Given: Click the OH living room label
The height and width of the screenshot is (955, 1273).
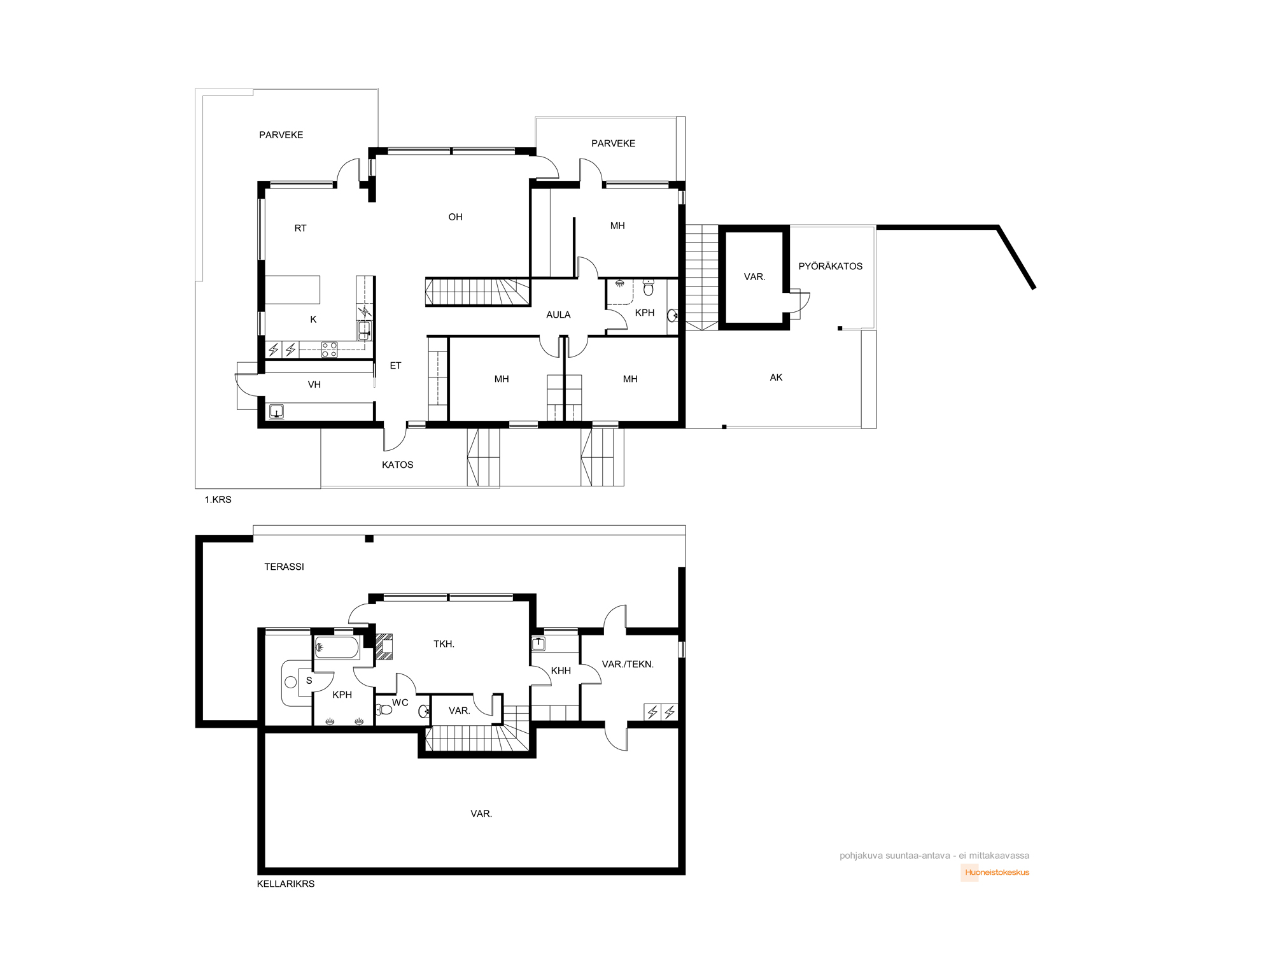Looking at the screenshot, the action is click(x=455, y=217).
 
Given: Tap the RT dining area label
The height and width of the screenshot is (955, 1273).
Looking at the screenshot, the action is click(x=300, y=228).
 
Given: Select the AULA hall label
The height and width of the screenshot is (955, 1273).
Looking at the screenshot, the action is click(x=558, y=315).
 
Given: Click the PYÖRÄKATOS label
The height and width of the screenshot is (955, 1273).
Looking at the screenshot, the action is click(x=831, y=266).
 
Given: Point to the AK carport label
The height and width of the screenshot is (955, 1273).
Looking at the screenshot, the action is click(x=776, y=378).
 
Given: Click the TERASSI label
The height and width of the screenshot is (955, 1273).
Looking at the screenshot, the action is click(x=284, y=567).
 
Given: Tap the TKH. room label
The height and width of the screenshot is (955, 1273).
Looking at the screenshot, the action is click(x=444, y=644).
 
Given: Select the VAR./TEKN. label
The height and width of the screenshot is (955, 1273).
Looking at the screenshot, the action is click(x=628, y=664).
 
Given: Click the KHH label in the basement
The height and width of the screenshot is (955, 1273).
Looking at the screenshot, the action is click(x=561, y=670).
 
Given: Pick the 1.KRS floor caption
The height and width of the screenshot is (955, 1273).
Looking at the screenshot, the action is click(x=218, y=500).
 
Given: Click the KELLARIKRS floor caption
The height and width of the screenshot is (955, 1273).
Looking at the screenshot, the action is click(x=286, y=884).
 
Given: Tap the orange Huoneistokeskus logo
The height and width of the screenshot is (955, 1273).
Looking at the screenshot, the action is click(x=995, y=872).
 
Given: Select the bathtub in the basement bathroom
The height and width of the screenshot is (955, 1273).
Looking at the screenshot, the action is click(x=337, y=648).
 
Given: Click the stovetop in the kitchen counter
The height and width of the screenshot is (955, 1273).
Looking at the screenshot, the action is click(x=329, y=350).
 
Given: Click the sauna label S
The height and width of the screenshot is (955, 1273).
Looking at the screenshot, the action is click(x=309, y=681).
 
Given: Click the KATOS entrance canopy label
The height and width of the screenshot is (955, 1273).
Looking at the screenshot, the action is click(x=398, y=465).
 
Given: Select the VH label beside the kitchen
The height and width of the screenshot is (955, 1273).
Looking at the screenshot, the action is click(x=314, y=385).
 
